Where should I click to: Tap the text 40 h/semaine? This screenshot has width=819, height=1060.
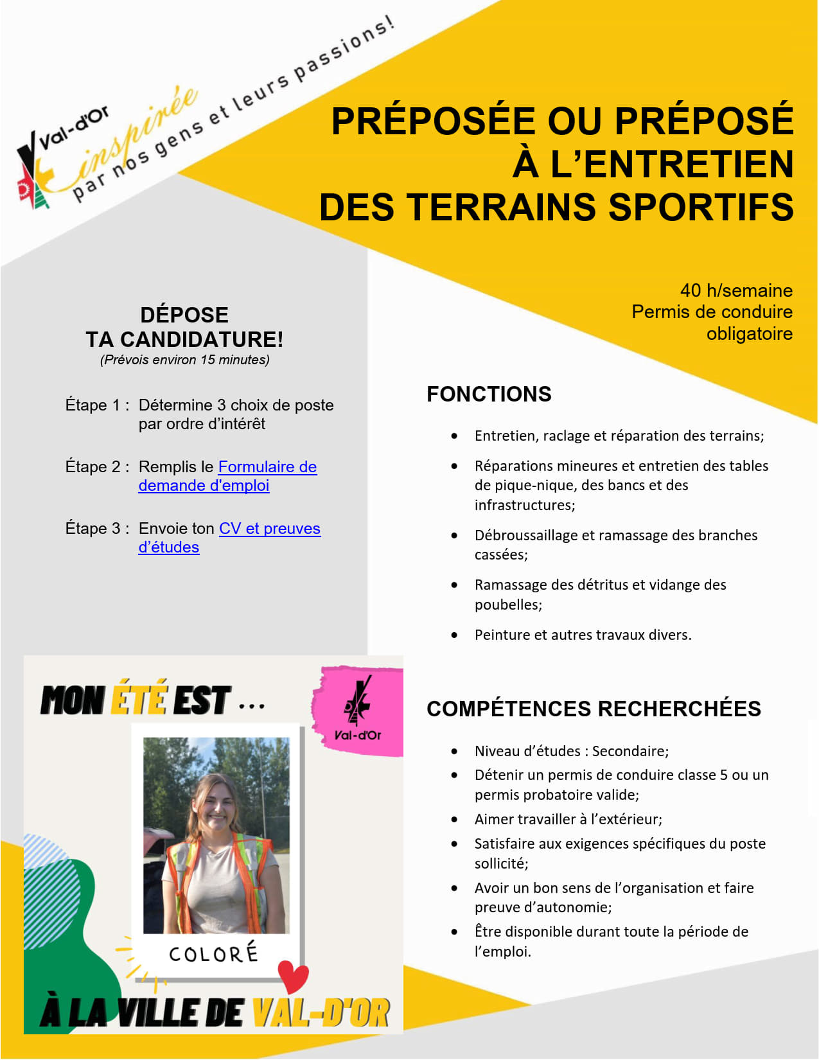[x=736, y=290]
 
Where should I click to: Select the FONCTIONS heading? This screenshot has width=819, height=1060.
[x=489, y=394]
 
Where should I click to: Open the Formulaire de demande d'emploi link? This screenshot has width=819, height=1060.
[x=267, y=467]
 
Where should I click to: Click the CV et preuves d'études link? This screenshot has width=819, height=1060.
[x=269, y=529]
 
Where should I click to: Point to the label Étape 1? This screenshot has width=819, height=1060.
[x=97, y=405]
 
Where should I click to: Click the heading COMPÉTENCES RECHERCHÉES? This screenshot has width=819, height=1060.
[x=594, y=709]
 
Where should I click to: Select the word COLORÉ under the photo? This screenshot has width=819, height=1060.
[x=213, y=953]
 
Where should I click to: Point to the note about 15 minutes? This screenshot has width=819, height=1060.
[x=184, y=360]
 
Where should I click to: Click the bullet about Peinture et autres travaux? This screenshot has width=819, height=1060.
[x=583, y=635]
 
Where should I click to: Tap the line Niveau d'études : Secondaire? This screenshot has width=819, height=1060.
[x=571, y=751]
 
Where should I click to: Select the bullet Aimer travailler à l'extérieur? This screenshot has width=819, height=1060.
[x=568, y=819]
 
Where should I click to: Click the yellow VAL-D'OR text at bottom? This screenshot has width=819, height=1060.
[x=321, y=1013]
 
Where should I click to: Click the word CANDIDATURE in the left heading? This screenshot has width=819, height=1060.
[x=201, y=339]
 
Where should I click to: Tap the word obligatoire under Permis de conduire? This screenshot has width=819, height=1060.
[x=749, y=334]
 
